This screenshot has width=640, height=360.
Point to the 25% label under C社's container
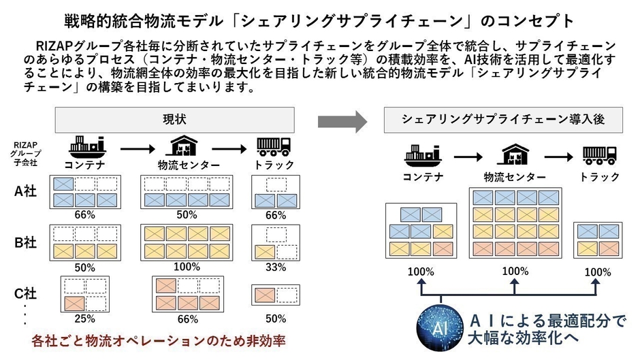(x=84, y=318)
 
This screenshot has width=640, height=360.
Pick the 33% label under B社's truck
(x=276, y=267)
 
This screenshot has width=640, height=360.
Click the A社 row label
(x=26, y=191)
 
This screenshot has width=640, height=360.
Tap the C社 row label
(x=26, y=295)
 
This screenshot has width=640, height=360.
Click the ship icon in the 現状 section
(x=84, y=146)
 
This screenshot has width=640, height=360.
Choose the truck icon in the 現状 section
(x=274, y=146)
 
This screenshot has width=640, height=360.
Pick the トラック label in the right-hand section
(x=600, y=176)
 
